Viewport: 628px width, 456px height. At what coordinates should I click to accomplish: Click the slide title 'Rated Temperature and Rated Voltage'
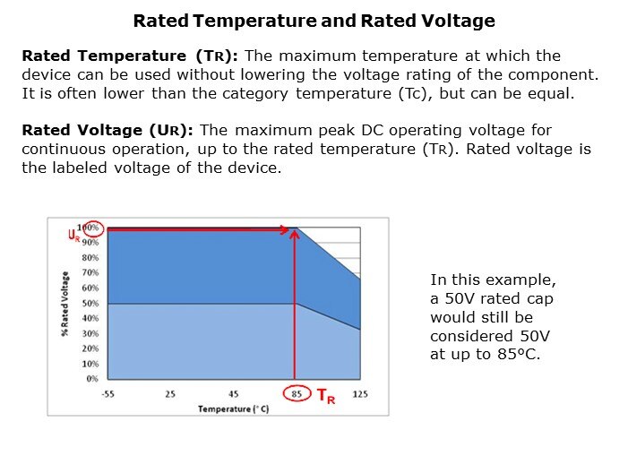pos(314,21)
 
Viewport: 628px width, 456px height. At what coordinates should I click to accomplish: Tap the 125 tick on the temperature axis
pos(360,393)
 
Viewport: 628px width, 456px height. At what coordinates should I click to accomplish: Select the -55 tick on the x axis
pos(108,393)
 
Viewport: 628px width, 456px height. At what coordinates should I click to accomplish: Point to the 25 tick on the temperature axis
pos(170,393)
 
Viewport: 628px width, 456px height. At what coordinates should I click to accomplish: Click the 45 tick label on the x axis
pos(233,393)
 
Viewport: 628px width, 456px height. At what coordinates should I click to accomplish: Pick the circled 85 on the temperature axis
pos(297,393)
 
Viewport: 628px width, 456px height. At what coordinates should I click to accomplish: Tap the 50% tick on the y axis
pos(90,304)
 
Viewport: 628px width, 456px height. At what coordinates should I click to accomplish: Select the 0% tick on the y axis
pos(91,379)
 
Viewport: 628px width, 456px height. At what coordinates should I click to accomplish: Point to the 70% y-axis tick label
pos(90,273)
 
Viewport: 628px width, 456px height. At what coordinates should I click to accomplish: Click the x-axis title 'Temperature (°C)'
pos(234,409)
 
